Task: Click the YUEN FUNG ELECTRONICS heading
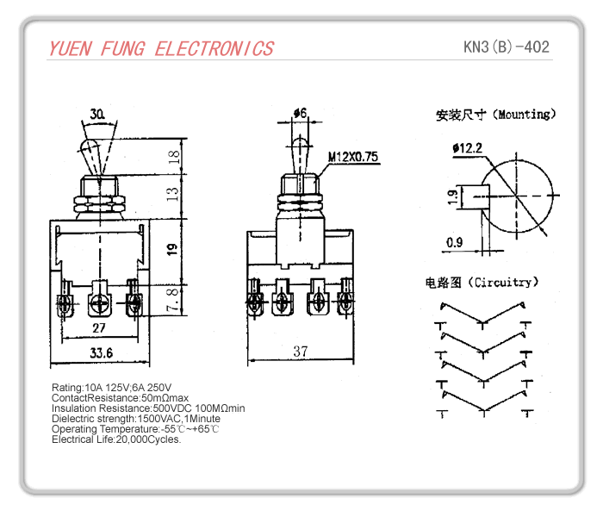point(161,48)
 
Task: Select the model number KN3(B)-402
point(506,47)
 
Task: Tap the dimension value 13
point(174,194)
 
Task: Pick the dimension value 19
point(172,250)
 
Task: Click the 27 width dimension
point(99,328)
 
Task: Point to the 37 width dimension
point(301,352)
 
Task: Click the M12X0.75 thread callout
point(353,157)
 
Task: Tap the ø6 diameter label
point(300,113)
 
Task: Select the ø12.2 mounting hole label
point(466,148)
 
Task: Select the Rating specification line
point(111,387)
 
